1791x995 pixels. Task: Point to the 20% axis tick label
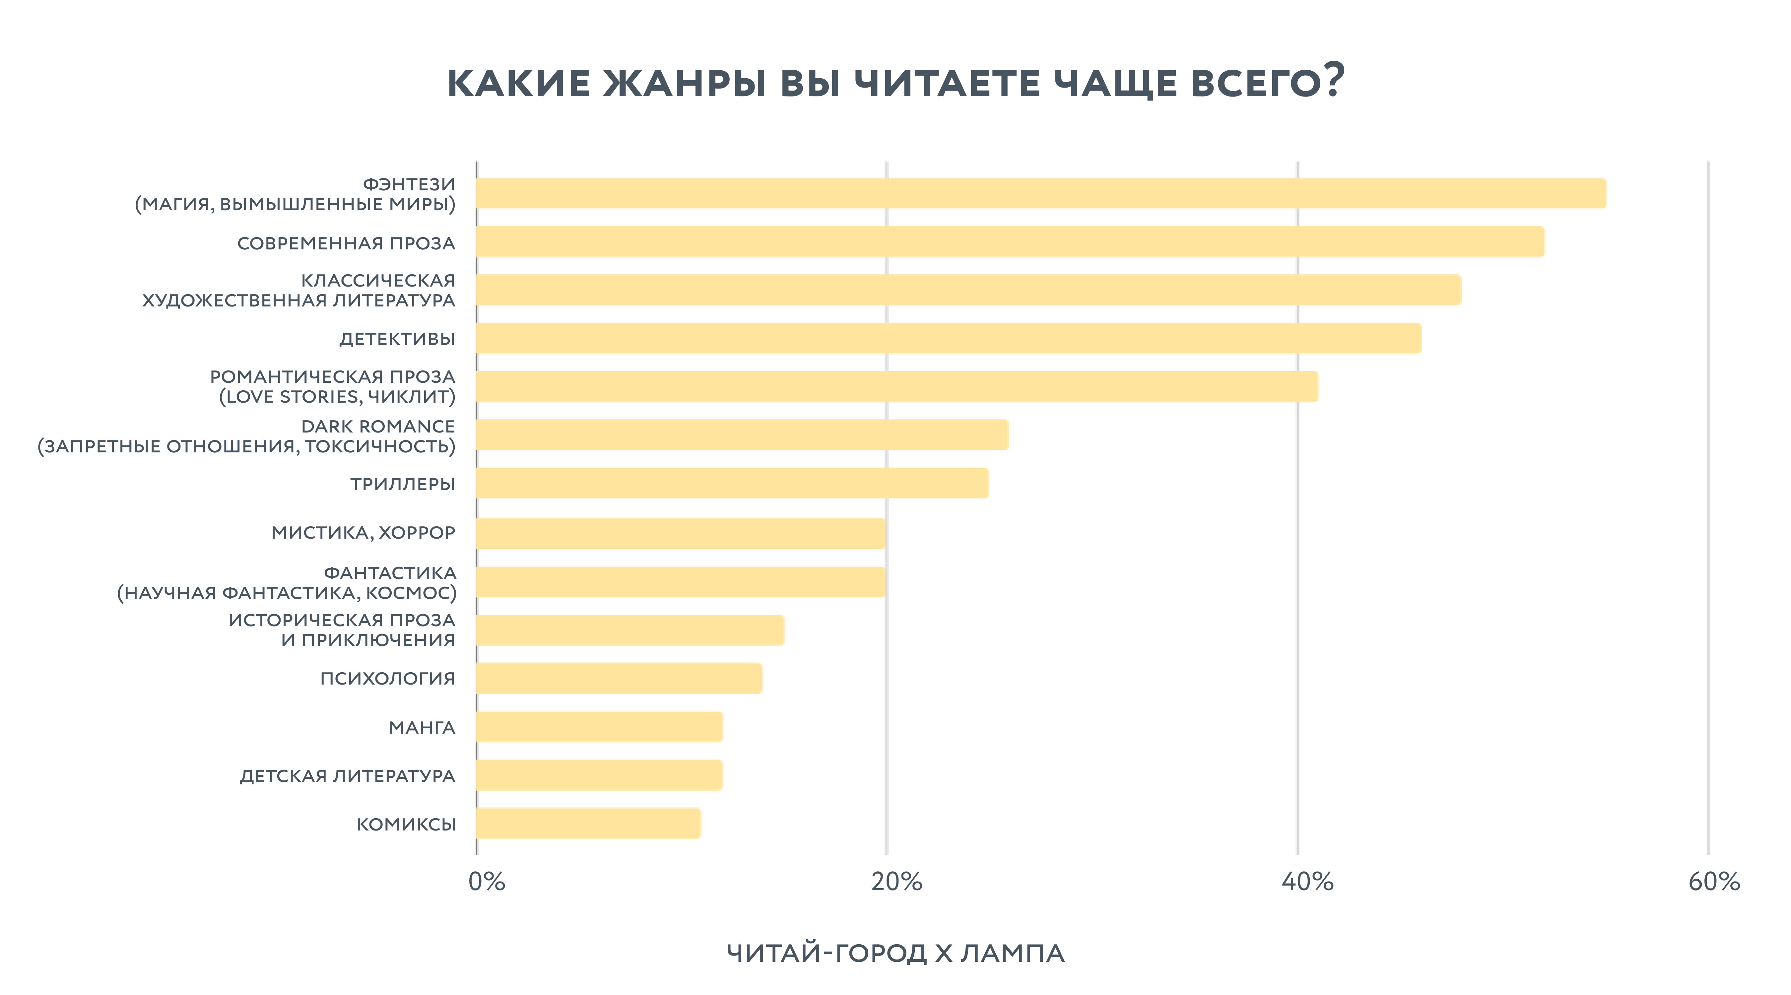coord(896,882)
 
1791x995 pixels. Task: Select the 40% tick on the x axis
coord(1307,882)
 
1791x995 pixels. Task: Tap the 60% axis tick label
coord(1714,882)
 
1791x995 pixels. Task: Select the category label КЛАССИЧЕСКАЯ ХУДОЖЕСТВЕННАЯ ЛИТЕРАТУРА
coord(299,290)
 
